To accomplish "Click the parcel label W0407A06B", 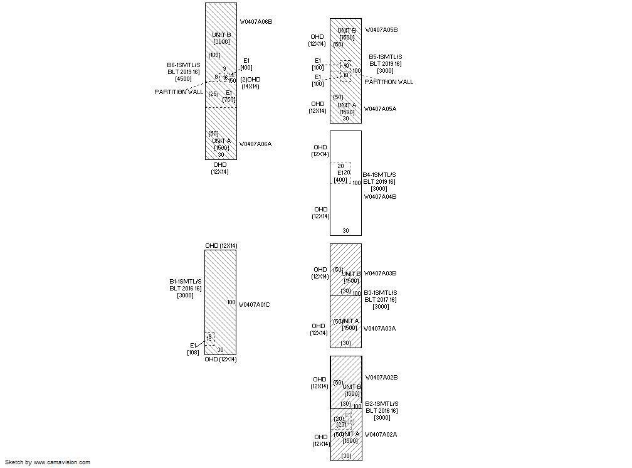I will coord(256,22).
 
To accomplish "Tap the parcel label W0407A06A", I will coord(255,144).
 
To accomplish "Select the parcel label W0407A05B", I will coord(381,30).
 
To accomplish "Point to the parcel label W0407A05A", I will coord(381,109).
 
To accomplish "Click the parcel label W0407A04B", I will coord(380,197).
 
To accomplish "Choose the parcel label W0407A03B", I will coord(380,274).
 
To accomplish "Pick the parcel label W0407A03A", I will coord(380,329).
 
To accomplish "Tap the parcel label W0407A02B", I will coord(381,378).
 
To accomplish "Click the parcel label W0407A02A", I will coord(381,435).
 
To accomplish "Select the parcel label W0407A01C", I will coord(254,305).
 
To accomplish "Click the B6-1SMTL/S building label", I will coord(184,65).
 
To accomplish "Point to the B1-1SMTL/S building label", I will coord(186,282).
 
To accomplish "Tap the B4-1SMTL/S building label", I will coord(380,175).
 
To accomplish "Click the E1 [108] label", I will coord(193,349).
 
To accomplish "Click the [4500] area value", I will coord(184,79).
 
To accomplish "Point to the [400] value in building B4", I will coord(340,180).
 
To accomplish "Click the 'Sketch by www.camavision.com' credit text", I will coord(48,462).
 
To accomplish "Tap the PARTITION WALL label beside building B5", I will coord(389,82).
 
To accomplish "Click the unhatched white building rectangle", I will coord(345,207).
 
